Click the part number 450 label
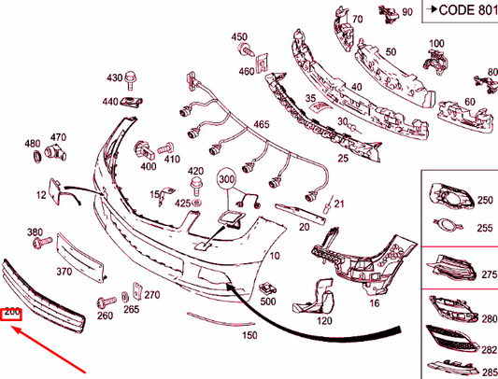(239, 36)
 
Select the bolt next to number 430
(131, 80)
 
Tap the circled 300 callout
(226, 179)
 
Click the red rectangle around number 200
(11, 315)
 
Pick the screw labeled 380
(42, 242)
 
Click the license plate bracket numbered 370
(80, 257)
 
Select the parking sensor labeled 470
(54, 152)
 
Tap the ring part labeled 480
(37, 156)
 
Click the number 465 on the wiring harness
(262, 124)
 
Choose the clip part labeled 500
(267, 288)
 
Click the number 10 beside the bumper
(275, 256)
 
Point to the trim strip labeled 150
(221, 319)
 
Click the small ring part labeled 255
(448, 225)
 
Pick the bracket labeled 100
(435, 62)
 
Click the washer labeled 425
(196, 203)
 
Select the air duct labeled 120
(315, 297)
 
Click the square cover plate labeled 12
(54, 191)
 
